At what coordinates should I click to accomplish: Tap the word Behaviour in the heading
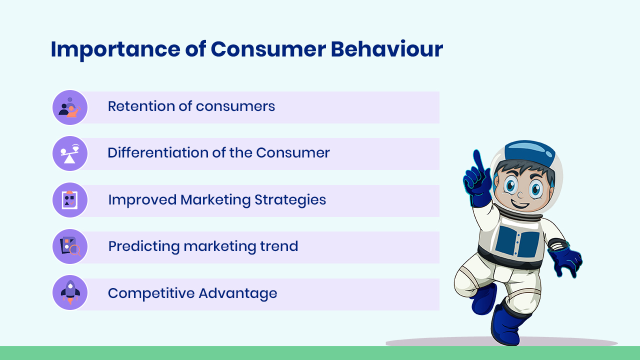tap(387, 49)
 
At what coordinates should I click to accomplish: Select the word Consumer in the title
tap(268, 49)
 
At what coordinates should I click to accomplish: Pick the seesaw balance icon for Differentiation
tap(69, 153)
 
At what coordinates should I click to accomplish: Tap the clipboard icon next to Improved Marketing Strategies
tap(69, 200)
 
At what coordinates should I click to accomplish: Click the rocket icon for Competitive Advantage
tap(70, 292)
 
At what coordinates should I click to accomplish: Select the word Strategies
tap(290, 199)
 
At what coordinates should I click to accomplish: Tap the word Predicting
tap(143, 246)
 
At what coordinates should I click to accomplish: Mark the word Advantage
tap(238, 293)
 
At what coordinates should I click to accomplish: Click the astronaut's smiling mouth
tap(519, 204)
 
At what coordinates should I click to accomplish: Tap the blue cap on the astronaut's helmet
tap(529, 153)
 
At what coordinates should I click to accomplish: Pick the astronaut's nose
tap(520, 195)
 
